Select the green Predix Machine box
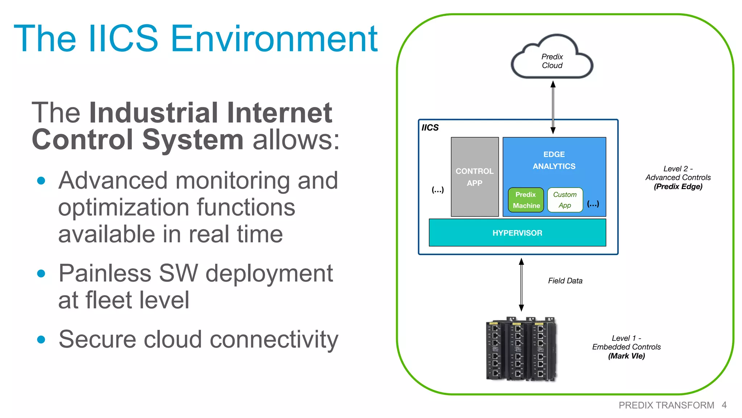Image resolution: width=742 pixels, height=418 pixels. coord(526,200)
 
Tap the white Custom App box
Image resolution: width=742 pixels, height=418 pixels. coord(564,200)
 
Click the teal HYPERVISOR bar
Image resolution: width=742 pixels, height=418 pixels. coord(517,233)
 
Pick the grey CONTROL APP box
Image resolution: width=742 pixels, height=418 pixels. coord(474,177)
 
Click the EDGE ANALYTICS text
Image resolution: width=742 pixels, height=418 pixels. coord(554,160)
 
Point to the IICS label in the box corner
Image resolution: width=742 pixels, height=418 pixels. coord(430,128)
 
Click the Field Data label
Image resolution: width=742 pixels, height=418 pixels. coord(565,281)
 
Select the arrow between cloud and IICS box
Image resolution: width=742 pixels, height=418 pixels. coord(553,107)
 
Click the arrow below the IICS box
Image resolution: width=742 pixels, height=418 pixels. coord(521,284)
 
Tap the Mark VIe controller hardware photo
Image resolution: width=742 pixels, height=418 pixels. coord(521,349)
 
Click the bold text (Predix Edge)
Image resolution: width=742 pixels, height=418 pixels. coord(678,187)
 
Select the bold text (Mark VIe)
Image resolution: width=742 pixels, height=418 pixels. coord(626,356)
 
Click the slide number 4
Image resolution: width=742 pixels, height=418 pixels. coord(724,405)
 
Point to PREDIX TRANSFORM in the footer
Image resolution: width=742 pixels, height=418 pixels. coord(666,405)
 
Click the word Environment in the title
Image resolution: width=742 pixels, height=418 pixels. coord(274,38)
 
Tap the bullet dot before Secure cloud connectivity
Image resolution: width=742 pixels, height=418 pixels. coord(41,340)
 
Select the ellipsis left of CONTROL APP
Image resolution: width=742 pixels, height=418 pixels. coord(438,189)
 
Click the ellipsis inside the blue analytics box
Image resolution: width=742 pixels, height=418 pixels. coord(593,204)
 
